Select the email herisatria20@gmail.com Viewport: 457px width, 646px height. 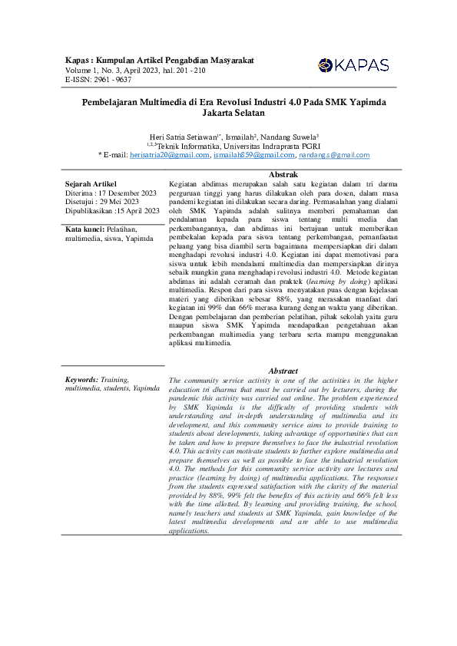[170, 155]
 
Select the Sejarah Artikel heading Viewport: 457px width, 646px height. [91, 184]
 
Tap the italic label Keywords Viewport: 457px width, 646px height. [81, 379]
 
